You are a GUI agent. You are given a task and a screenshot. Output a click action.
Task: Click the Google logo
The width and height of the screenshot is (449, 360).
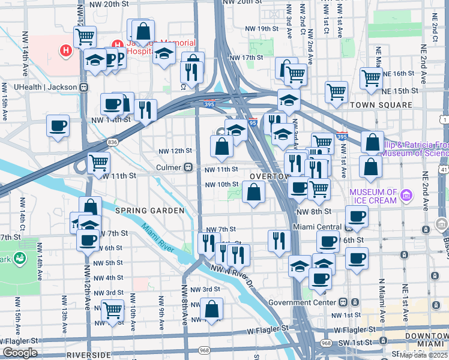tap(20, 353)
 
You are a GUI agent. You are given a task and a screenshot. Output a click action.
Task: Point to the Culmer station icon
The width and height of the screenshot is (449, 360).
tap(188, 167)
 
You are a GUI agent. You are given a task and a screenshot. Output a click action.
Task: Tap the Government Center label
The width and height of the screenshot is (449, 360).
tap(303, 302)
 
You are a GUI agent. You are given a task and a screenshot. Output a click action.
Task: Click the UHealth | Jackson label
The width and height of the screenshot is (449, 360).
tap(46, 87)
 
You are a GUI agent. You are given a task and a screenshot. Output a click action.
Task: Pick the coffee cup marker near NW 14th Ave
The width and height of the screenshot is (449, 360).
tap(58, 126)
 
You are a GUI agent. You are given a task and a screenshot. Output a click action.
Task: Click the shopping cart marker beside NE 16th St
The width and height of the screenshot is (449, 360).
tap(372, 77)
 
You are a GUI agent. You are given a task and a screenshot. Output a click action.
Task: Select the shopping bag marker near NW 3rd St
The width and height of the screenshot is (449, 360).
tap(211, 309)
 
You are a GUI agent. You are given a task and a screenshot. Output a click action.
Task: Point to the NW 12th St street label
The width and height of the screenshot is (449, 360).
tap(175, 151)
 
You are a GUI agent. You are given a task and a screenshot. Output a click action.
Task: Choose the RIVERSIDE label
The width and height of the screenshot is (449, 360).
tap(88, 355)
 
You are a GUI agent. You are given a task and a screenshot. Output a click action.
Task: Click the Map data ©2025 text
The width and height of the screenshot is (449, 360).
tap(423, 355)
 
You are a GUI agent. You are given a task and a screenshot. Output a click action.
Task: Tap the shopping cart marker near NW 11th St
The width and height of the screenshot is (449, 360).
tap(98, 163)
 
